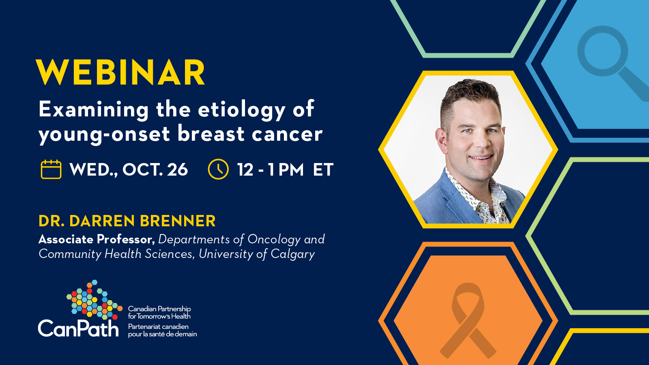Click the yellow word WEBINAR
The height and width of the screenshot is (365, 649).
(x=120, y=72)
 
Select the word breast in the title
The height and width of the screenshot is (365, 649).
(x=211, y=134)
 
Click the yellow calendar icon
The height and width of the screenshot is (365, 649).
(x=51, y=169)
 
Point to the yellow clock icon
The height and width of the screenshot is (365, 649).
(x=218, y=169)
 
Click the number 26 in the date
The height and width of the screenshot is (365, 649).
(x=177, y=170)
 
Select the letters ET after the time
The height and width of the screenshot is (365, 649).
(x=323, y=170)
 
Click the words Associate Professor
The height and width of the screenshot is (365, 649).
(x=97, y=239)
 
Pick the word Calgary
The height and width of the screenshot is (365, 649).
(x=292, y=254)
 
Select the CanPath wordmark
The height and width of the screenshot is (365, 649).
(x=78, y=328)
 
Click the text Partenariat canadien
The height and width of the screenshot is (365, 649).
(x=158, y=326)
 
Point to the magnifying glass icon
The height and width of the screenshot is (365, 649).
(x=611, y=61)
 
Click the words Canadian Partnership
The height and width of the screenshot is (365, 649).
(x=159, y=309)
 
